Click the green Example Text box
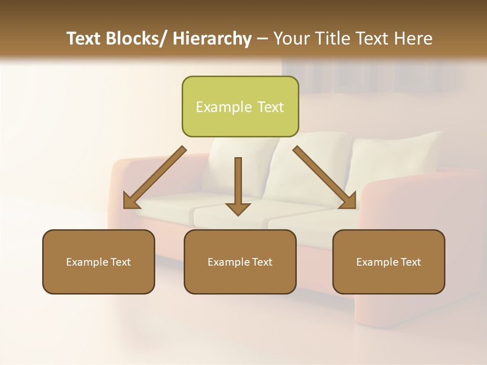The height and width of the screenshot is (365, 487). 240,106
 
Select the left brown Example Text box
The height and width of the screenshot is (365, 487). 98,262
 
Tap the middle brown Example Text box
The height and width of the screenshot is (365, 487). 240,262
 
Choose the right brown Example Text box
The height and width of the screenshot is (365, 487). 389,262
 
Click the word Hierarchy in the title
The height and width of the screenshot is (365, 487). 212,39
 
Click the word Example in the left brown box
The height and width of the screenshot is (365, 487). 85,262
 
